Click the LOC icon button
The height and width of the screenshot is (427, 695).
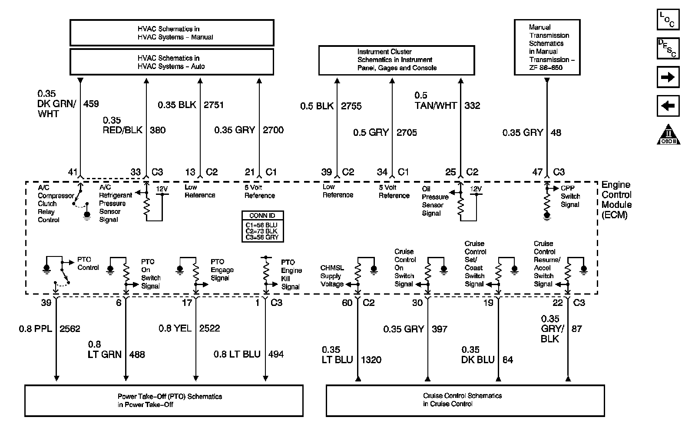coord(668,20)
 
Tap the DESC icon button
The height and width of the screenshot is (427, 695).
coord(668,48)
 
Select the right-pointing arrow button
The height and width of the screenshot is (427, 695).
coord(668,77)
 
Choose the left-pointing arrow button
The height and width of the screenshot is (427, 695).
coord(668,106)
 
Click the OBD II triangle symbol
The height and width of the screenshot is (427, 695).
coord(668,135)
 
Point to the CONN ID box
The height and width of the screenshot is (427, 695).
coord(262,226)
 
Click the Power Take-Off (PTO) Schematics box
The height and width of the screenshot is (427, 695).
coord(164,401)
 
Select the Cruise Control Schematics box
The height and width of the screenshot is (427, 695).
coord(465,400)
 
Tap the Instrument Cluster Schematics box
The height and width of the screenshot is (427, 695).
coord(397,60)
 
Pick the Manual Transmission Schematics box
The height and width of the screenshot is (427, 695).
coord(546,47)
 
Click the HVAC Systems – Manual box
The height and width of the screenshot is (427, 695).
coord(172,33)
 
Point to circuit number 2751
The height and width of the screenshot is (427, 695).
coord(214,105)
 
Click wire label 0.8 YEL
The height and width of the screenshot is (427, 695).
coord(175,328)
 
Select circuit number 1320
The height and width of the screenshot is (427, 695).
coord(371,360)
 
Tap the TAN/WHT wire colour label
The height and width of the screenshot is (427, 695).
coord(436,105)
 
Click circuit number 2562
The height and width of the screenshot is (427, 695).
coord(70,329)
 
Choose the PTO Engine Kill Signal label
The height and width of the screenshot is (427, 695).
coord(291,274)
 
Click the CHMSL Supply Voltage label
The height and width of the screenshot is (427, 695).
coord(332,276)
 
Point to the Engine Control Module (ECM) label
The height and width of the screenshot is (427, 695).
coord(616,200)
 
